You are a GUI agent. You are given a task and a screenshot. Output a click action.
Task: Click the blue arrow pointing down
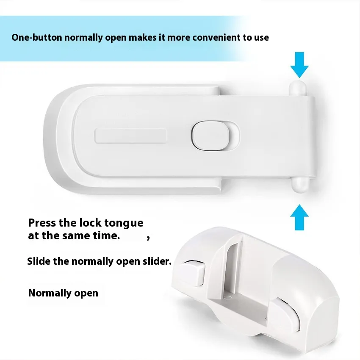coord(299,65)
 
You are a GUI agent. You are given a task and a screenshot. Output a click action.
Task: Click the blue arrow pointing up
coord(299,217)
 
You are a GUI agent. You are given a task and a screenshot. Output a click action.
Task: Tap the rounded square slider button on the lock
coord(211,136)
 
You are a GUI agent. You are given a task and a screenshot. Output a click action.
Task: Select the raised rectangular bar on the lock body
coord(130,136)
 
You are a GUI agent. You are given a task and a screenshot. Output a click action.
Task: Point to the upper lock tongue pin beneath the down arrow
coord(298,89)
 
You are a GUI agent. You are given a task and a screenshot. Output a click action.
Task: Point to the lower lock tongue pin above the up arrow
coord(299,185)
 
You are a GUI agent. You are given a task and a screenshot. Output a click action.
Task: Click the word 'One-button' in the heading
coord(37,37)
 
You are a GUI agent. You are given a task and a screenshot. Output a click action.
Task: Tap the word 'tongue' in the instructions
coord(124,223)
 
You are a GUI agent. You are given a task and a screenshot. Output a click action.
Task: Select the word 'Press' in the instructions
coord(42,223)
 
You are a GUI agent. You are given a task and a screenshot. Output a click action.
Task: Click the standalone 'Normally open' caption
coord(63,293)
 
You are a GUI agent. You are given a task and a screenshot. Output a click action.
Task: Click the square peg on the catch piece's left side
coord(192,273)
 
